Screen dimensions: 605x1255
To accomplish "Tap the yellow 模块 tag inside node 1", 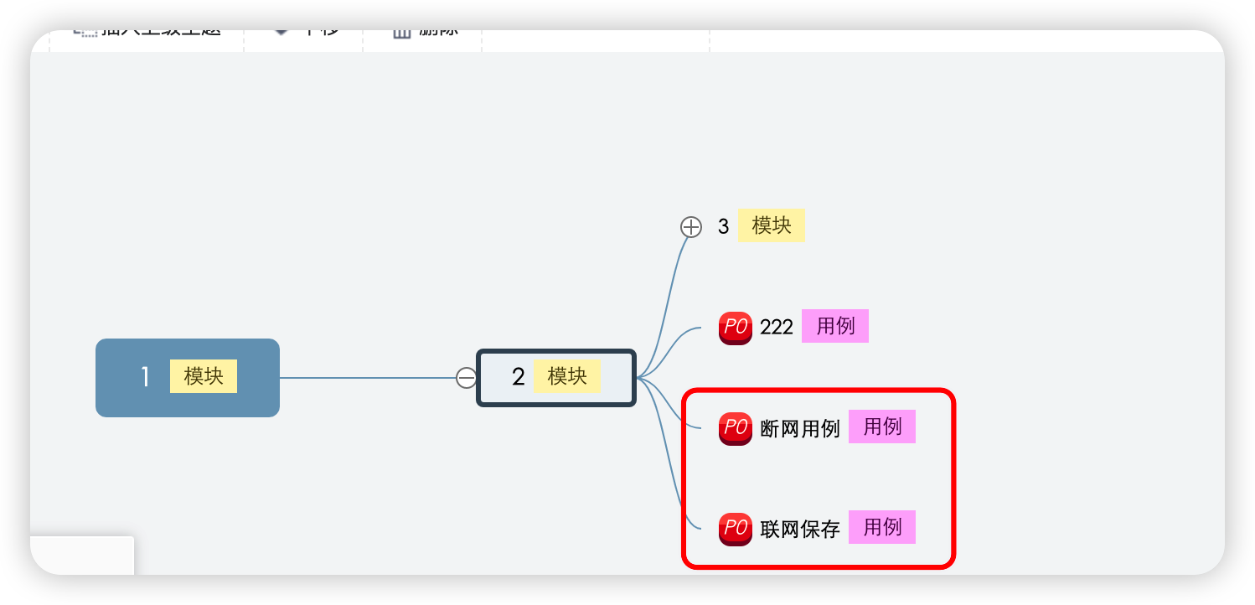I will (204, 376).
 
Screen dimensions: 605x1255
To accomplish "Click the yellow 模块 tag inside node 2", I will (567, 376).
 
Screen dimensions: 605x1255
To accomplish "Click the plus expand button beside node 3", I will (690, 226).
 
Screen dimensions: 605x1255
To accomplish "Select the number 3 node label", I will (723, 226).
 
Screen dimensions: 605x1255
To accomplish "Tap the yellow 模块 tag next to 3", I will (771, 225).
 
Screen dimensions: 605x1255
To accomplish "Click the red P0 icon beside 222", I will (735, 327).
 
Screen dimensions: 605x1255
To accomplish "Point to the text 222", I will (776, 327).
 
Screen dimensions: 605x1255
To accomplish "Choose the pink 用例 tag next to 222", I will (834, 326).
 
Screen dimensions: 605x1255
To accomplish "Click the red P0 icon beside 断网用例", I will (735, 428).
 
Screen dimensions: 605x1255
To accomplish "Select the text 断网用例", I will (799, 428).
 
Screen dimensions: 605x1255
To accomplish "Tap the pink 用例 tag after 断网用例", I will (881, 427).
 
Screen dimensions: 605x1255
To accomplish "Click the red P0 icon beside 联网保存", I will (735, 529).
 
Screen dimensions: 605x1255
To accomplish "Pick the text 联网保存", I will (799, 529).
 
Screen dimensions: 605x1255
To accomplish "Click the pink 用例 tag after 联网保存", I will (881, 527).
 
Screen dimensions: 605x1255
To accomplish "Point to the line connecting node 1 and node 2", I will (369, 378).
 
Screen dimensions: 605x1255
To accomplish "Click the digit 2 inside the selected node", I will (518, 377).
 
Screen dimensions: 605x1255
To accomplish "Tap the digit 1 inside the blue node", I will (145, 377).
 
